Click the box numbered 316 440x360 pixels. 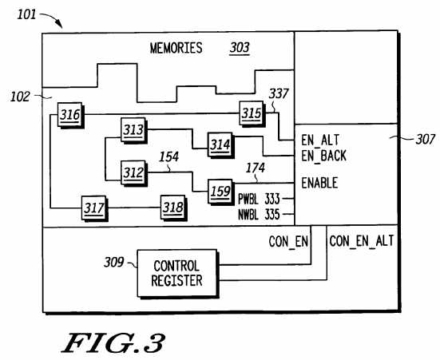(x=71, y=115)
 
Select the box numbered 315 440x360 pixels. (x=252, y=113)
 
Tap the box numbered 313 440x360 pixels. (x=134, y=130)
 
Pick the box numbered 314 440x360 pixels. (x=221, y=145)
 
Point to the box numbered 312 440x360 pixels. (x=134, y=173)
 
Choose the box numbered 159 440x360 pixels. (x=221, y=192)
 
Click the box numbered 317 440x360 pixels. (x=94, y=208)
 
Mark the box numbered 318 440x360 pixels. (x=174, y=208)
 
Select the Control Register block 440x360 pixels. (x=177, y=274)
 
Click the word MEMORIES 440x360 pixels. (x=176, y=48)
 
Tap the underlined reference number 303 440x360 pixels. (x=240, y=48)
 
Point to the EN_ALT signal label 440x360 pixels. (x=320, y=140)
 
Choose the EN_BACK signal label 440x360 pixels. (x=324, y=156)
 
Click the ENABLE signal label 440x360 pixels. (x=319, y=183)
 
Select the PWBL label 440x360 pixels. (x=248, y=199)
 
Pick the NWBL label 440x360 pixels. (x=248, y=215)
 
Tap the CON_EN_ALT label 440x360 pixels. (x=362, y=241)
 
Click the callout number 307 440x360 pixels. (x=426, y=140)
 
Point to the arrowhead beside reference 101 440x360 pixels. (x=60, y=26)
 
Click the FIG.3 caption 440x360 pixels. (x=113, y=343)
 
